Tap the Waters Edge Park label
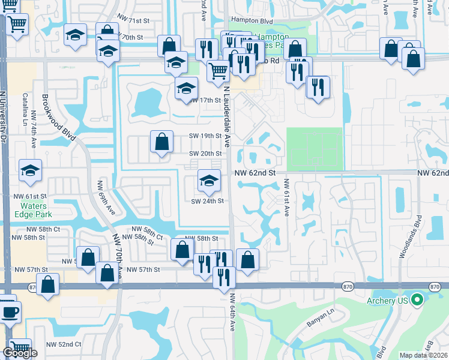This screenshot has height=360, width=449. tap(34, 210)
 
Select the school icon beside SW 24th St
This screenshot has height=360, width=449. tap(208, 180)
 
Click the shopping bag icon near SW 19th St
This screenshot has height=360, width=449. tap(161, 142)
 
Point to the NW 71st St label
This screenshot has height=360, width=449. tap(133, 21)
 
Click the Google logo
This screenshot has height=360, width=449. tap(19, 353)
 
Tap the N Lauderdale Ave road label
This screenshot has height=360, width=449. tap(227, 117)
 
